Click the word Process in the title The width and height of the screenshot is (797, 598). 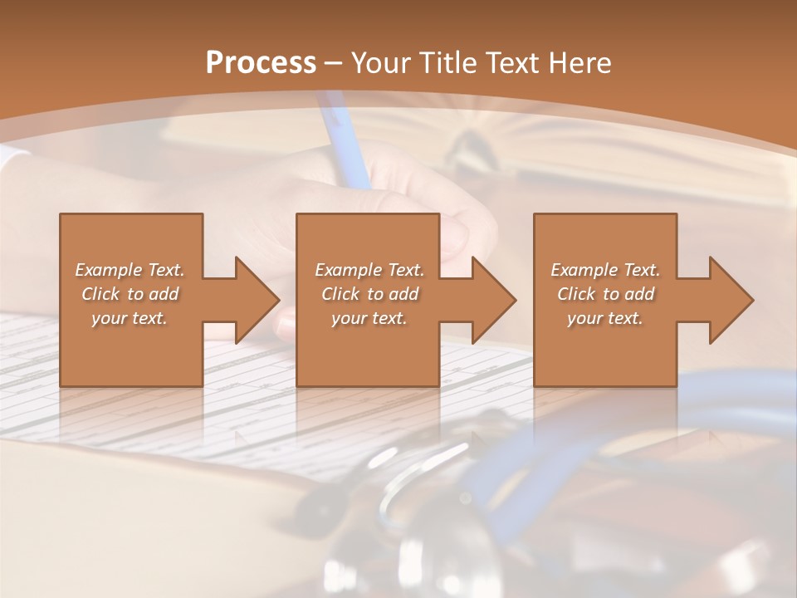pos(261,62)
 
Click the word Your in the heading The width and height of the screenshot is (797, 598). pos(383,62)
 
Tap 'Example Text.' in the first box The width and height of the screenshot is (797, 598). pos(130,270)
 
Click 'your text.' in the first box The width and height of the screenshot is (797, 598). pos(130,318)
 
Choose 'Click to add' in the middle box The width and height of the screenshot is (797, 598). pos(369,294)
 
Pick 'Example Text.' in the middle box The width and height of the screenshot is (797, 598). pos(369,270)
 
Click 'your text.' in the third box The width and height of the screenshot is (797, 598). pos(605,318)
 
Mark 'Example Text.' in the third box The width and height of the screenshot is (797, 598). pos(605,270)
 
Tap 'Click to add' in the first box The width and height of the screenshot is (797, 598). pos(130,294)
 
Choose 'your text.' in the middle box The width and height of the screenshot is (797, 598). pos(369,318)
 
